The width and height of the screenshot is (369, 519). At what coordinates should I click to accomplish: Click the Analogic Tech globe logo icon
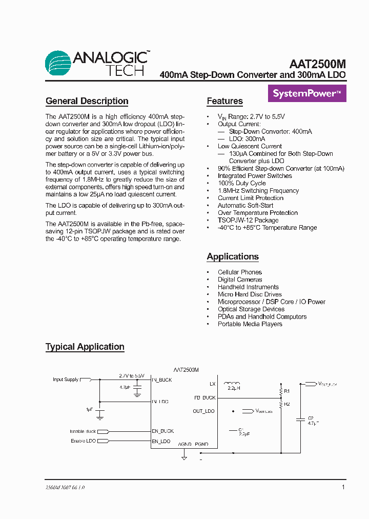58,63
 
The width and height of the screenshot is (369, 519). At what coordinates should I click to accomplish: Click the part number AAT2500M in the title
317,64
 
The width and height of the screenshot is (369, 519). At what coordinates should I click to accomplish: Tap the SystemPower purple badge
307,94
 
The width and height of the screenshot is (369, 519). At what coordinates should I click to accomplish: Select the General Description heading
87,101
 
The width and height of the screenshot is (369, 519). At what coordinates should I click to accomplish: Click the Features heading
224,101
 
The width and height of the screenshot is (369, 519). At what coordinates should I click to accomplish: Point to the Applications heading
232,256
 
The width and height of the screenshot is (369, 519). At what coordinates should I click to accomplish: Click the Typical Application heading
85,347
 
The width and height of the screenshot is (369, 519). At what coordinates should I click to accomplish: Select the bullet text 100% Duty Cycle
241,183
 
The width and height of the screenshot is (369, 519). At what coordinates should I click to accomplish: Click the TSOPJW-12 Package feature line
248,220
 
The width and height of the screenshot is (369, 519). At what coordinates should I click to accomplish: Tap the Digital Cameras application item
239,280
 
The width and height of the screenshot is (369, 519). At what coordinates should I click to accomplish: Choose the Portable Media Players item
250,324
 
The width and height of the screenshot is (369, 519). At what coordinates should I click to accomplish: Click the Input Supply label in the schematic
66,380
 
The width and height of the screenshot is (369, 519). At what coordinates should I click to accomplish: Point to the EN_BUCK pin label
163,431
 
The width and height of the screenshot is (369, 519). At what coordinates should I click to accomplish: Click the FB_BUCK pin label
205,397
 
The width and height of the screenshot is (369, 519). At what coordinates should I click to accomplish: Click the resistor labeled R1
281,391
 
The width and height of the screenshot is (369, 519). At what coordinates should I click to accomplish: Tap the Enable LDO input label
83,441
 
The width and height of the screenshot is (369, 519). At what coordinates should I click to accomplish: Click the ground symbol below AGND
184,456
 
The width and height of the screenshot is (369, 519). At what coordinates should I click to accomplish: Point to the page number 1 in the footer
343,487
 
